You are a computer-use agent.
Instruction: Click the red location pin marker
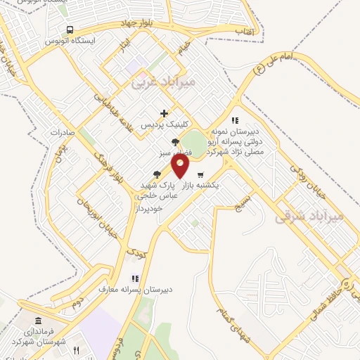[181, 166]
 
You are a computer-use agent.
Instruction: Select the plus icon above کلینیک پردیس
[164, 113]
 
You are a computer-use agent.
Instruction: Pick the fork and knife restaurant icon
[76, 349]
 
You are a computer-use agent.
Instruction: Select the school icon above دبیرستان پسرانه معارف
[134, 278]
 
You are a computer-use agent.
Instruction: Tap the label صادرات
[62, 131]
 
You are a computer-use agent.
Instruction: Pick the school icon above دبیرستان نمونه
[235, 120]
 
